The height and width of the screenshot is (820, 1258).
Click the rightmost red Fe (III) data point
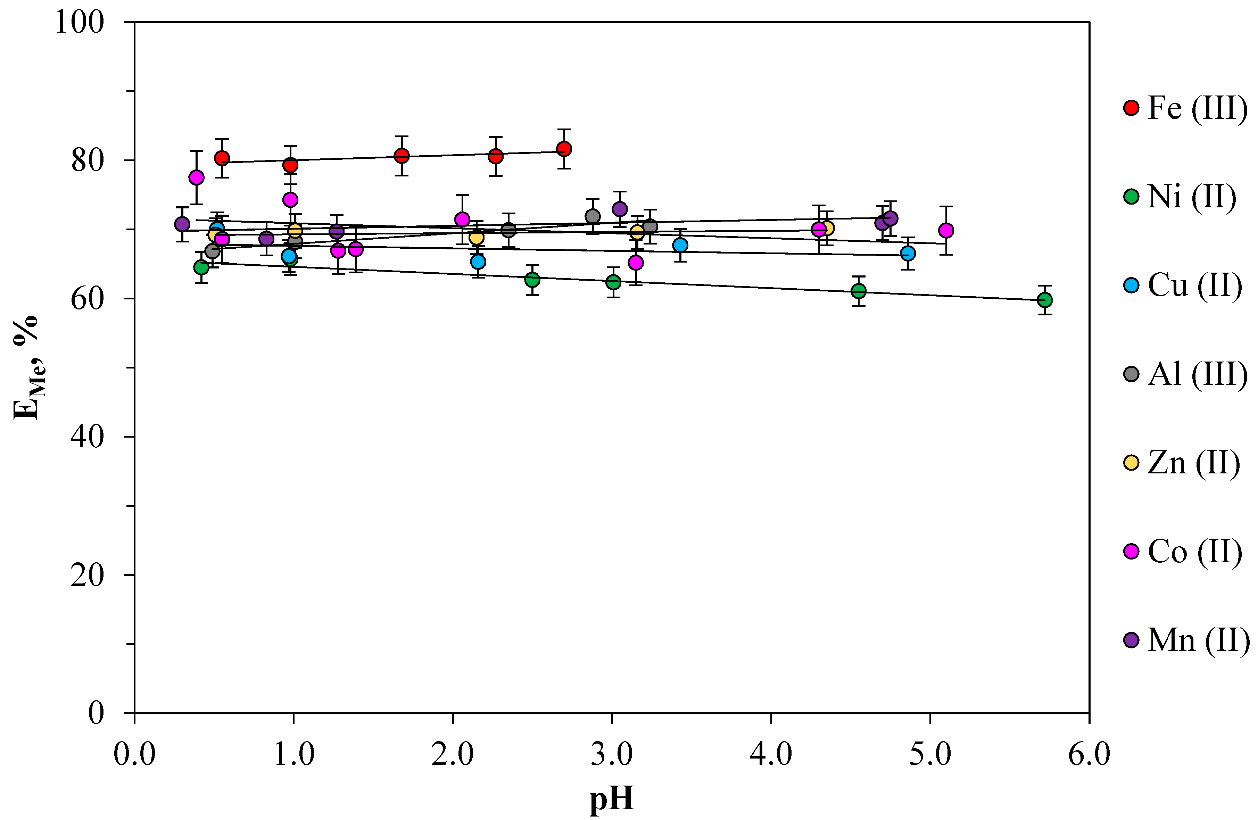click(564, 149)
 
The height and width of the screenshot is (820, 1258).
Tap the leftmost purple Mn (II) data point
click(182, 224)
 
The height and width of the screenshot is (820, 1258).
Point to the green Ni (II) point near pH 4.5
click(858, 291)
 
